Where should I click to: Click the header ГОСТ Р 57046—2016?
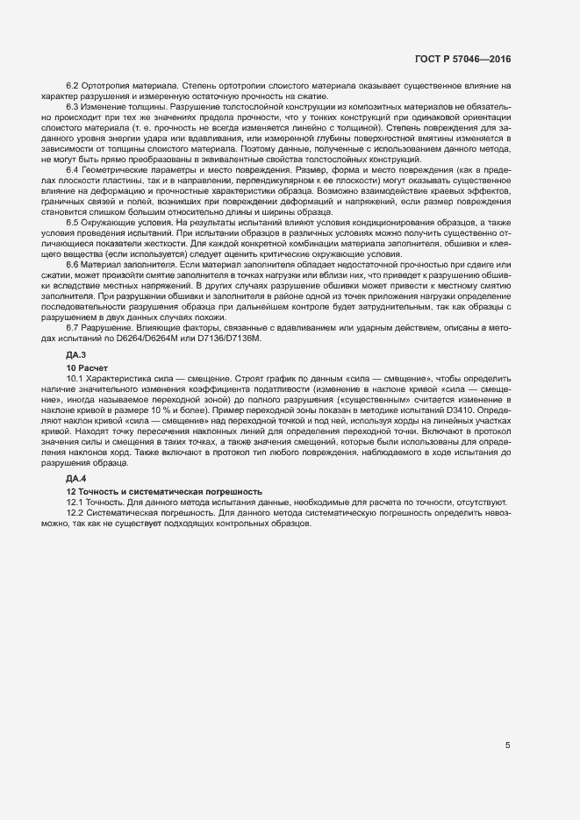(462, 59)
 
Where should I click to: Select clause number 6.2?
(73, 85)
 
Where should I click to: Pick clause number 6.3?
(73, 106)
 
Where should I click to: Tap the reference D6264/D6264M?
(131, 338)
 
